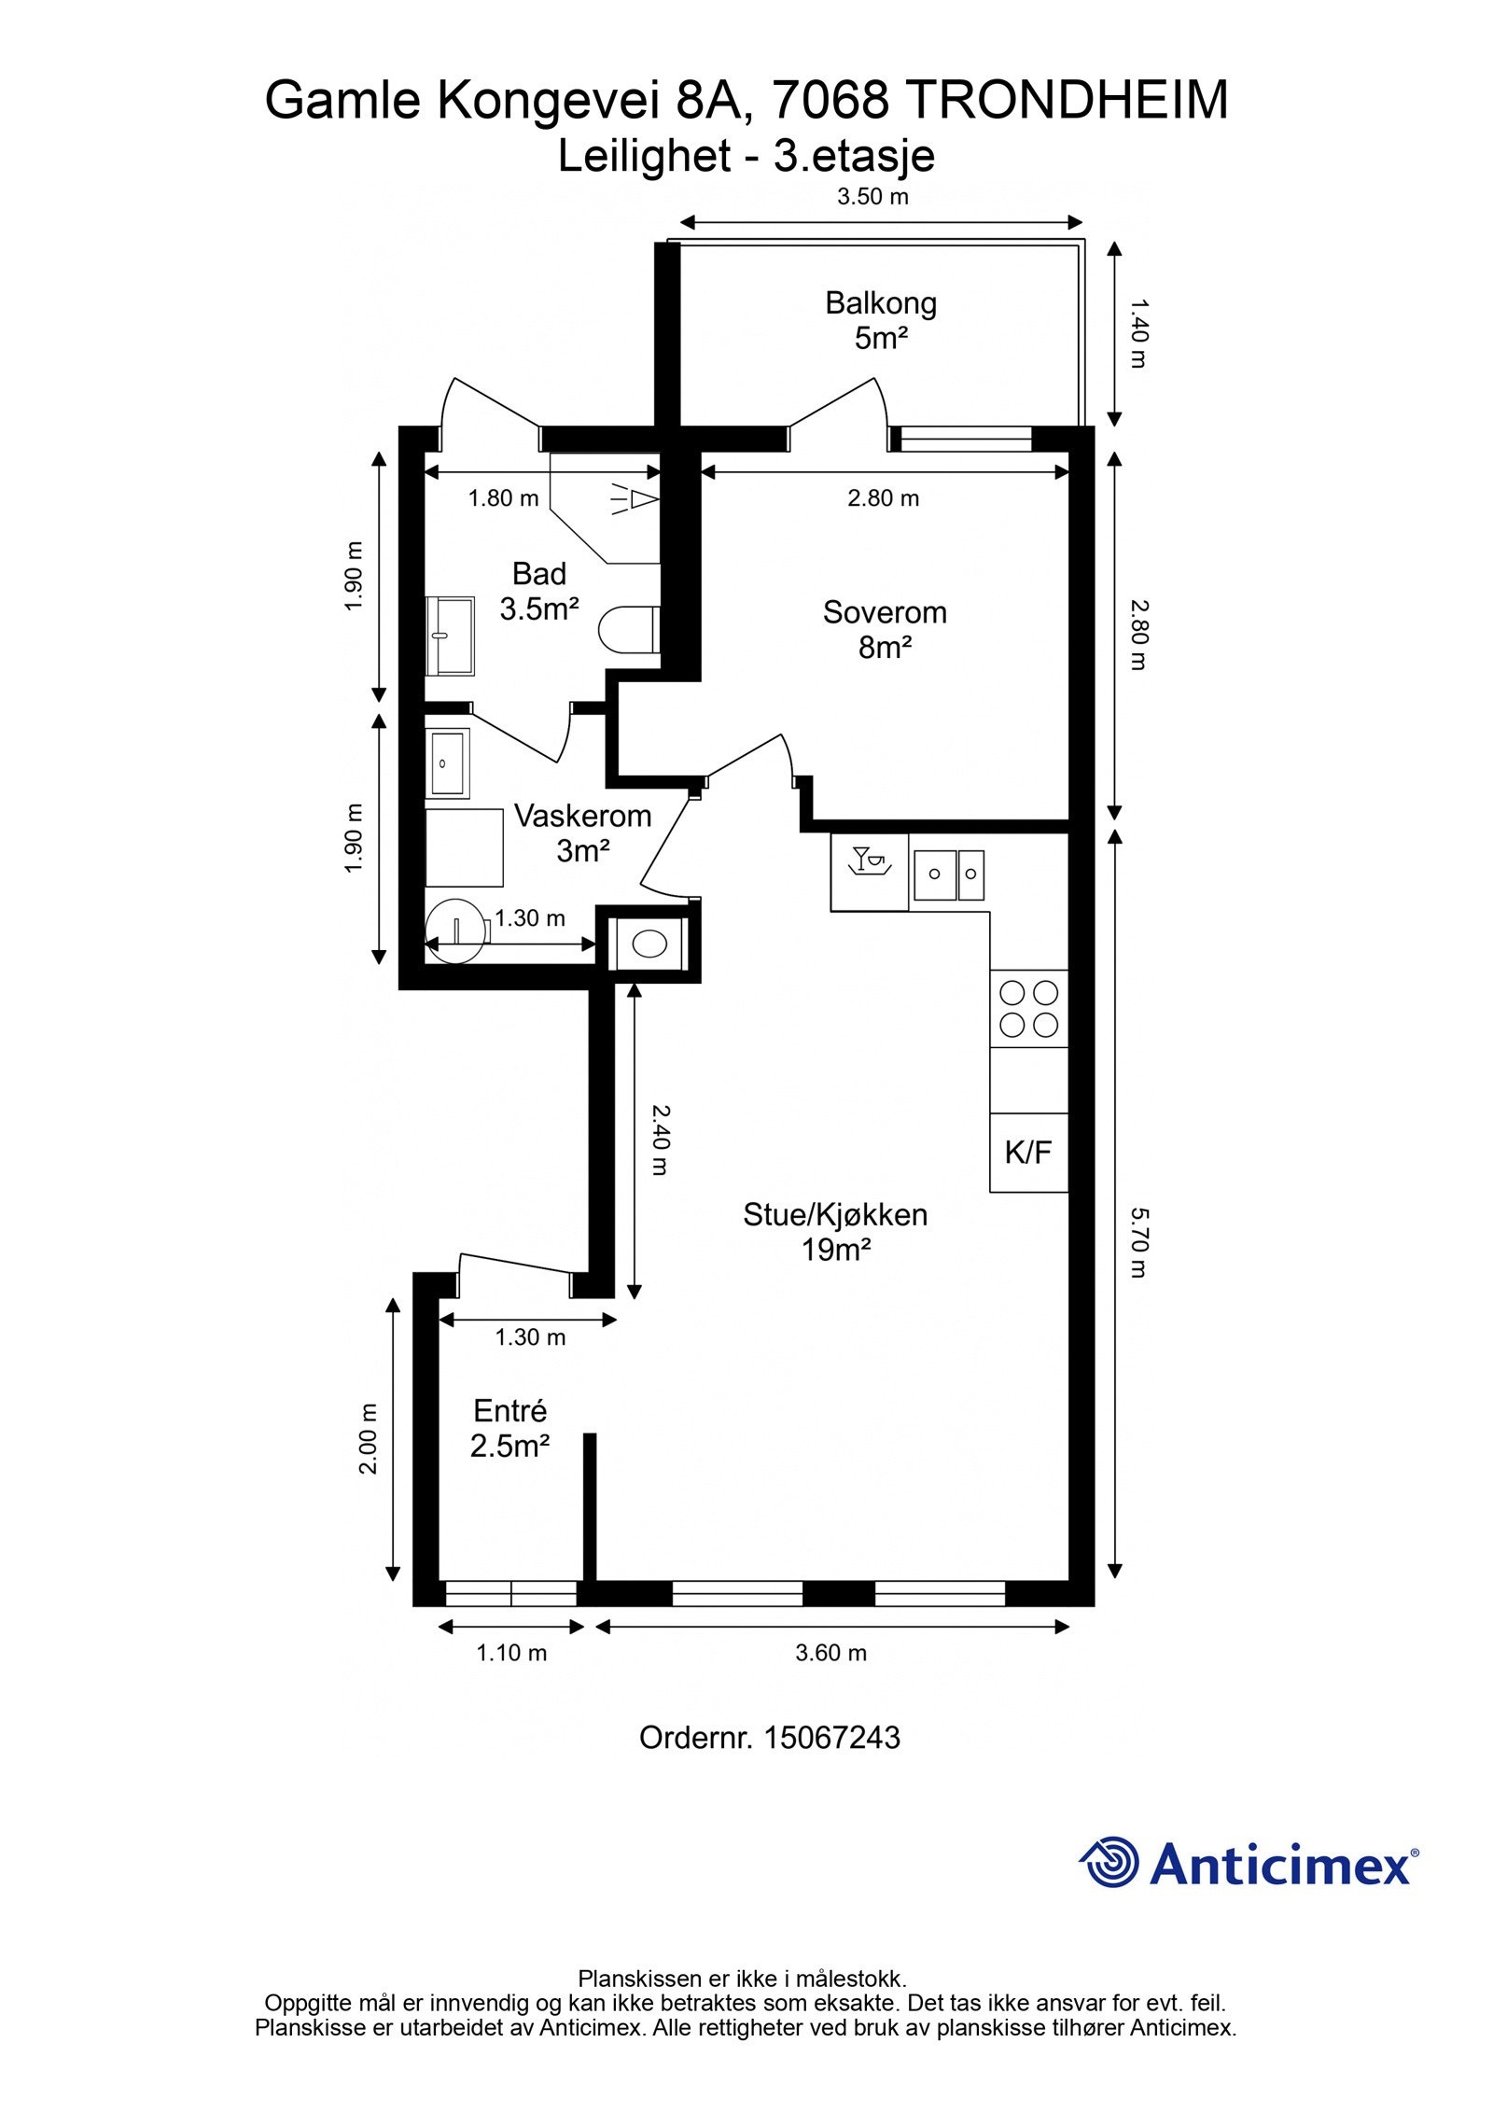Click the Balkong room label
click(880, 303)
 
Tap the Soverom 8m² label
click(885, 629)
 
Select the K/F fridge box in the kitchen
click(1028, 1152)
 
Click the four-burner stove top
click(1028, 1008)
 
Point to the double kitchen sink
click(948, 874)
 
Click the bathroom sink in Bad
click(452, 636)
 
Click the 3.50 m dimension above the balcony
click(872, 197)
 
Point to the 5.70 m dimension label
click(1137, 1243)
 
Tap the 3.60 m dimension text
click(830, 1653)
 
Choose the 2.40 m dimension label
click(659, 1140)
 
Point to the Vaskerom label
click(582, 816)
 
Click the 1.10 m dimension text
click(511, 1653)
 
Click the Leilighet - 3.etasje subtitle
click(746, 156)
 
